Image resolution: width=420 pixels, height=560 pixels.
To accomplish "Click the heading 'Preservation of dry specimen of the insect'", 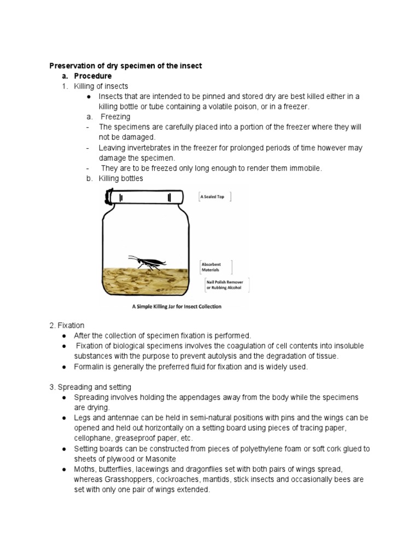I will [125, 66].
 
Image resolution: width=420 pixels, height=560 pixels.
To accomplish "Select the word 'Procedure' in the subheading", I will [93, 76].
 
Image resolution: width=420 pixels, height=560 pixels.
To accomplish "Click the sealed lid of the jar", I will [145, 196].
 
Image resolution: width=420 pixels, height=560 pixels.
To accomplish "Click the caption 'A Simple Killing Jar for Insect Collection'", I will [177, 307].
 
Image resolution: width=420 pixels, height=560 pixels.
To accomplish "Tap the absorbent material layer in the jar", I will [145, 281].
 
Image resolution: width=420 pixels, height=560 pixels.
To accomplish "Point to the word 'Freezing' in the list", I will [114, 117].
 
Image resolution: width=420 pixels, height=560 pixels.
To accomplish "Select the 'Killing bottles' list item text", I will [121, 179].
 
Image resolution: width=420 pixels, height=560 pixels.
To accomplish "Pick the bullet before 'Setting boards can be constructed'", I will [65, 449].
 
